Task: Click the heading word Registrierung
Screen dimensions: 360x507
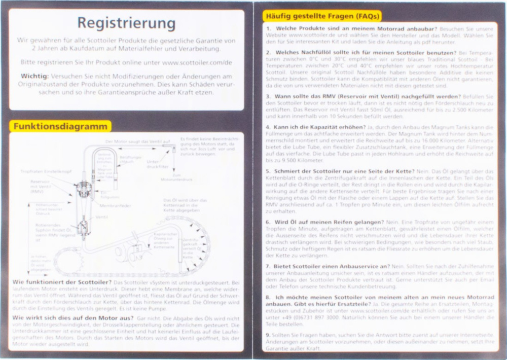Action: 126,23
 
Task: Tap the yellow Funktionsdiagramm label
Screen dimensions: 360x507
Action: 60,126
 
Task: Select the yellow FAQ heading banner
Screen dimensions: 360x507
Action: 321,16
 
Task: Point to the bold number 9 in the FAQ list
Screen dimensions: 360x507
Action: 267,335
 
